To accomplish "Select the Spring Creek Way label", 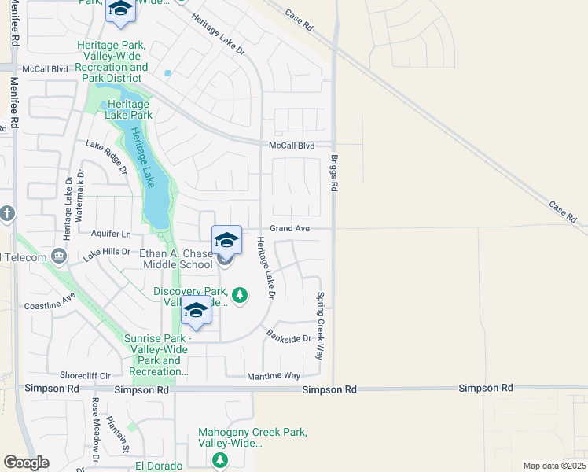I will point(321,326).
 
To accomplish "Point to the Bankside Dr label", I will point(288,334).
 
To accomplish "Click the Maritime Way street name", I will point(273,376).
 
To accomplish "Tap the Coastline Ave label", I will point(49,301).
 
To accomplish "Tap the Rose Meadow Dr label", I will point(95,429).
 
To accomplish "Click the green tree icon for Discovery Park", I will point(241,296).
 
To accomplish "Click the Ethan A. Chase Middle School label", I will point(176,260).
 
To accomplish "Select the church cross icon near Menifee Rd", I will point(6,214).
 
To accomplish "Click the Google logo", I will point(26,463).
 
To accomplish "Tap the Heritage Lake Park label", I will point(130,109).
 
